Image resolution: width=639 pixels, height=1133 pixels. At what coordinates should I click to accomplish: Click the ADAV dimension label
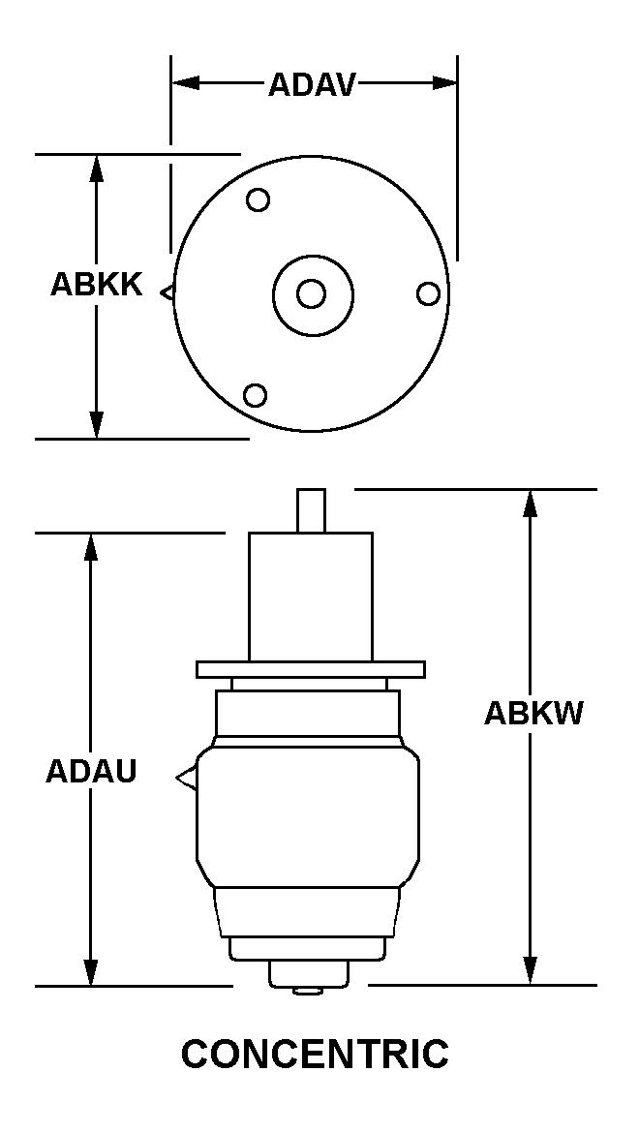tap(312, 84)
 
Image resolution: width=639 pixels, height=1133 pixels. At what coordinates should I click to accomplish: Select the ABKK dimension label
tap(96, 285)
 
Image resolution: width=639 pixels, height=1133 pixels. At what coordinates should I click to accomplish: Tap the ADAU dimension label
tap(91, 772)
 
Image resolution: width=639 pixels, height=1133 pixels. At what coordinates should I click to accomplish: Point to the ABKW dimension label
tap(533, 713)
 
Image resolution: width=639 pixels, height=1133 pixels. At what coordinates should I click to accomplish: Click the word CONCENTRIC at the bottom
tap(315, 1054)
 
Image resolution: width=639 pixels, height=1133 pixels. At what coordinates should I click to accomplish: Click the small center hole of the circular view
tap(311, 294)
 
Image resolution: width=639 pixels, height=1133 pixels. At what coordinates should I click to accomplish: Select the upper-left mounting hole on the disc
tap(258, 199)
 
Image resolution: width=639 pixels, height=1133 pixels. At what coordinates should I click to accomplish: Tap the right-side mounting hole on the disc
tap(428, 294)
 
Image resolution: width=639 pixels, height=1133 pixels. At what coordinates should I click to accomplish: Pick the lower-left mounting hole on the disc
tap(255, 395)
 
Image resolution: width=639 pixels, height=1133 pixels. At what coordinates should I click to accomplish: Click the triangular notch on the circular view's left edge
tap(167, 293)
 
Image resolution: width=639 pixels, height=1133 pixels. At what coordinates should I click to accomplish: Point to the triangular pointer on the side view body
tap(186, 778)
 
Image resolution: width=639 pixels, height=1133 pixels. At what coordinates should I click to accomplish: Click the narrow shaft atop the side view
tap(311, 511)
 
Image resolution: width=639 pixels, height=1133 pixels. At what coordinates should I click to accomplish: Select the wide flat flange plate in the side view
tap(311, 670)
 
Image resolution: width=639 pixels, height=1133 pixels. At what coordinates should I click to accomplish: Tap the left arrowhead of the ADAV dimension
tap(185, 83)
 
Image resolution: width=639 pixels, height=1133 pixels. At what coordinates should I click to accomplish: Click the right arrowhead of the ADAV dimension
tap(444, 83)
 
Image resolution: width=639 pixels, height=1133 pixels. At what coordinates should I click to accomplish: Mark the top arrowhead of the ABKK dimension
tap(96, 168)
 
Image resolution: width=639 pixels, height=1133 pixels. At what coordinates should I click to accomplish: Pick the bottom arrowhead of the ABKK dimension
tap(96, 425)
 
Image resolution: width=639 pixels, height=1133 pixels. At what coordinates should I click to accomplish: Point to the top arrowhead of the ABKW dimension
tap(531, 503)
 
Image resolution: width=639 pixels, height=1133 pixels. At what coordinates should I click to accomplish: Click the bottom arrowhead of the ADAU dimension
tap(90, 972)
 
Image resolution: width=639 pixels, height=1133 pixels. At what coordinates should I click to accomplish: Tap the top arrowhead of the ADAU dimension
tap(90, 547)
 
